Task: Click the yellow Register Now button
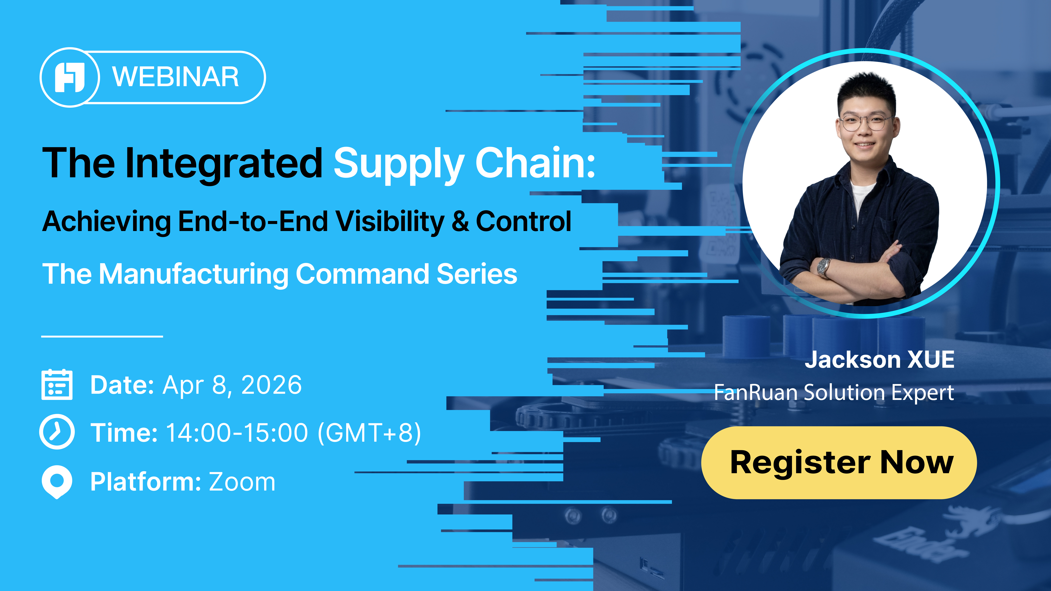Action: click(x=839, y=463)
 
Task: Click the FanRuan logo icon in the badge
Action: click(x=70, y=77)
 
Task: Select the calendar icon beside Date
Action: click(x=57, y=385)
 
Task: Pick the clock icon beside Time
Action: click(x=57, y=432)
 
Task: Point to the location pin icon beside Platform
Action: click(x=57, y=481)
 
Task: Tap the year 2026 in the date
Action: click(x=272, y=385)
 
